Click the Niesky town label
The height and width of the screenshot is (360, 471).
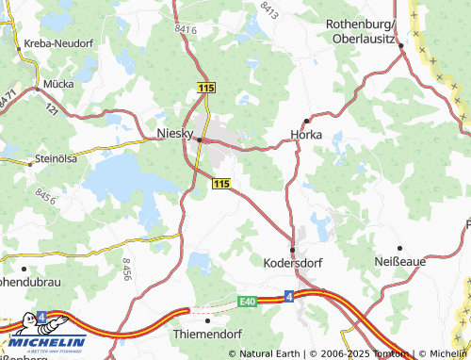pos(174,133)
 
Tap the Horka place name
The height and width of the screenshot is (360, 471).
pos(306,135)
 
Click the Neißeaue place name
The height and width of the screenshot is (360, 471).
pos(400,260)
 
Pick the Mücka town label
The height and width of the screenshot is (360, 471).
pos(58,83)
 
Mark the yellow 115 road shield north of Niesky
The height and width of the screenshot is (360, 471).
pos(207,88)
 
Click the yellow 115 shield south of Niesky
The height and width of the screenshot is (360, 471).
pos(221,184)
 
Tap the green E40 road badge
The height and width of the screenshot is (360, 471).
pos(247,302)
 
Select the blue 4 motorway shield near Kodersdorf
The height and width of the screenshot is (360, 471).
pos(288,297)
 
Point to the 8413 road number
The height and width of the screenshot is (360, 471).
pos(271,10)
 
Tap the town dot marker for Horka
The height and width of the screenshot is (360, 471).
pos(306,121)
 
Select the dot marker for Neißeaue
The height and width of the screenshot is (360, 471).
pos(399,247)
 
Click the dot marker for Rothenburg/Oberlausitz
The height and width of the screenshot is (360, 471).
pos(400,45)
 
